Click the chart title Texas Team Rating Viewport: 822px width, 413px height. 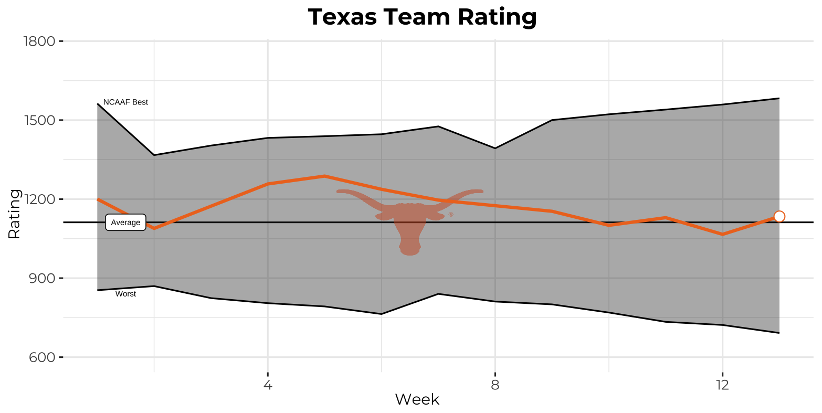422,17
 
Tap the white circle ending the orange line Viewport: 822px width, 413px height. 779,216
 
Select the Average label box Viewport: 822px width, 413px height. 125,223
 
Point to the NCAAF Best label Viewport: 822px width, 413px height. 125,102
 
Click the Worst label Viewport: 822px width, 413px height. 125,294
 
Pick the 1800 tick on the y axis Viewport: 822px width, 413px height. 40,41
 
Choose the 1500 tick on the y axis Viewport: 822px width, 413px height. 40,120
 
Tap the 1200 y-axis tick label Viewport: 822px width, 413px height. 40,199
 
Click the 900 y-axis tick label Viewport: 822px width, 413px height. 42,278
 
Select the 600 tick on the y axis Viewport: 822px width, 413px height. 42,357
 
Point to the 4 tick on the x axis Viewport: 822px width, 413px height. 268,385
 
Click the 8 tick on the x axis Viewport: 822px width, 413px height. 495,385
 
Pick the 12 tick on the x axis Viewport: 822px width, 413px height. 722,385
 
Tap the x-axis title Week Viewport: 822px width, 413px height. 417,400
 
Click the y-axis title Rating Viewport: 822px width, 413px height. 14,214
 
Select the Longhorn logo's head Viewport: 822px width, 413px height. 409,226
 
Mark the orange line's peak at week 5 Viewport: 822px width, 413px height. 324,176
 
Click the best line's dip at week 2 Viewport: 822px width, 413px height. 154,155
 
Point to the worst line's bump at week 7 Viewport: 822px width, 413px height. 438,294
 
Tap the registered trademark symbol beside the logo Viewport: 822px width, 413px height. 450,215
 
